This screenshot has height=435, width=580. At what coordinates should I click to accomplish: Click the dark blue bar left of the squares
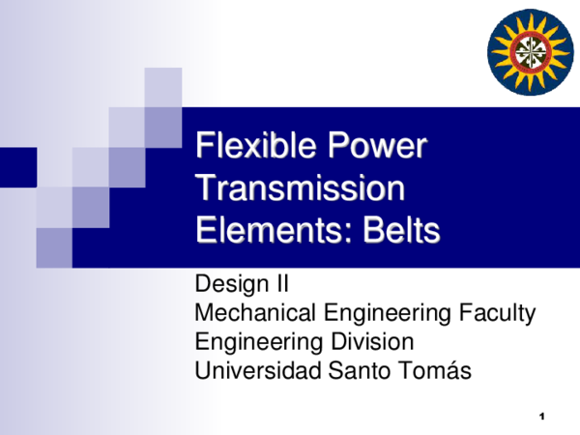pos(17,167)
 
